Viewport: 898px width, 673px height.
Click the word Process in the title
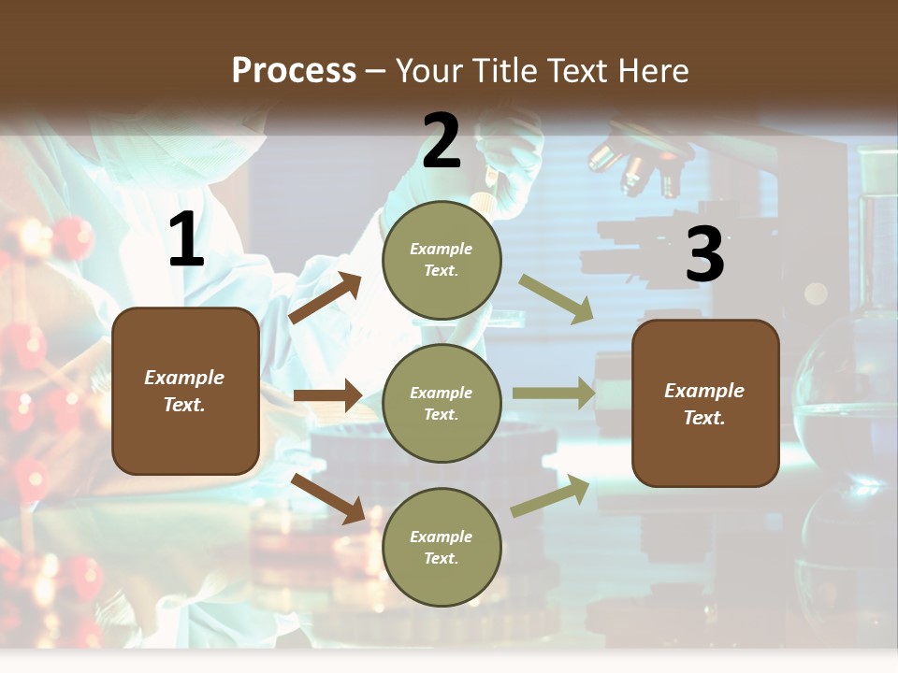click(294, 71)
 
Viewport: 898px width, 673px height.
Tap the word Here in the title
click(651, 71)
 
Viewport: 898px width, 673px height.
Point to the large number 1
click(186, 241)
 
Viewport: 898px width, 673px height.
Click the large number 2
click(442, 142)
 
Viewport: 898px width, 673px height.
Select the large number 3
click(704, 255)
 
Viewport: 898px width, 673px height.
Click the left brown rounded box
click(185, 391)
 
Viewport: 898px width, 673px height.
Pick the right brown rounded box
click(705, 403)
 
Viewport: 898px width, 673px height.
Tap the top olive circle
click(442, 260)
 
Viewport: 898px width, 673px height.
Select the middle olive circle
click(442, 403)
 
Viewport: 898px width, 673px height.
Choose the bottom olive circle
click(442, 547)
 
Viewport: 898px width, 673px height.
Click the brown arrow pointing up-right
click(325, 298)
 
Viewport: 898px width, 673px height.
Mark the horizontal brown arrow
click(327, 395)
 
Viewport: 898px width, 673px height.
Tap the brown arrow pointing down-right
click(327, 498)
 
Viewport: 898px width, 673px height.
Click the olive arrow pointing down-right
click(557, 299)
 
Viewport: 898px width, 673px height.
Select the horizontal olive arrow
click(554, 394)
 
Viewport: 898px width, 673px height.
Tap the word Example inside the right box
click(704, 391)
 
